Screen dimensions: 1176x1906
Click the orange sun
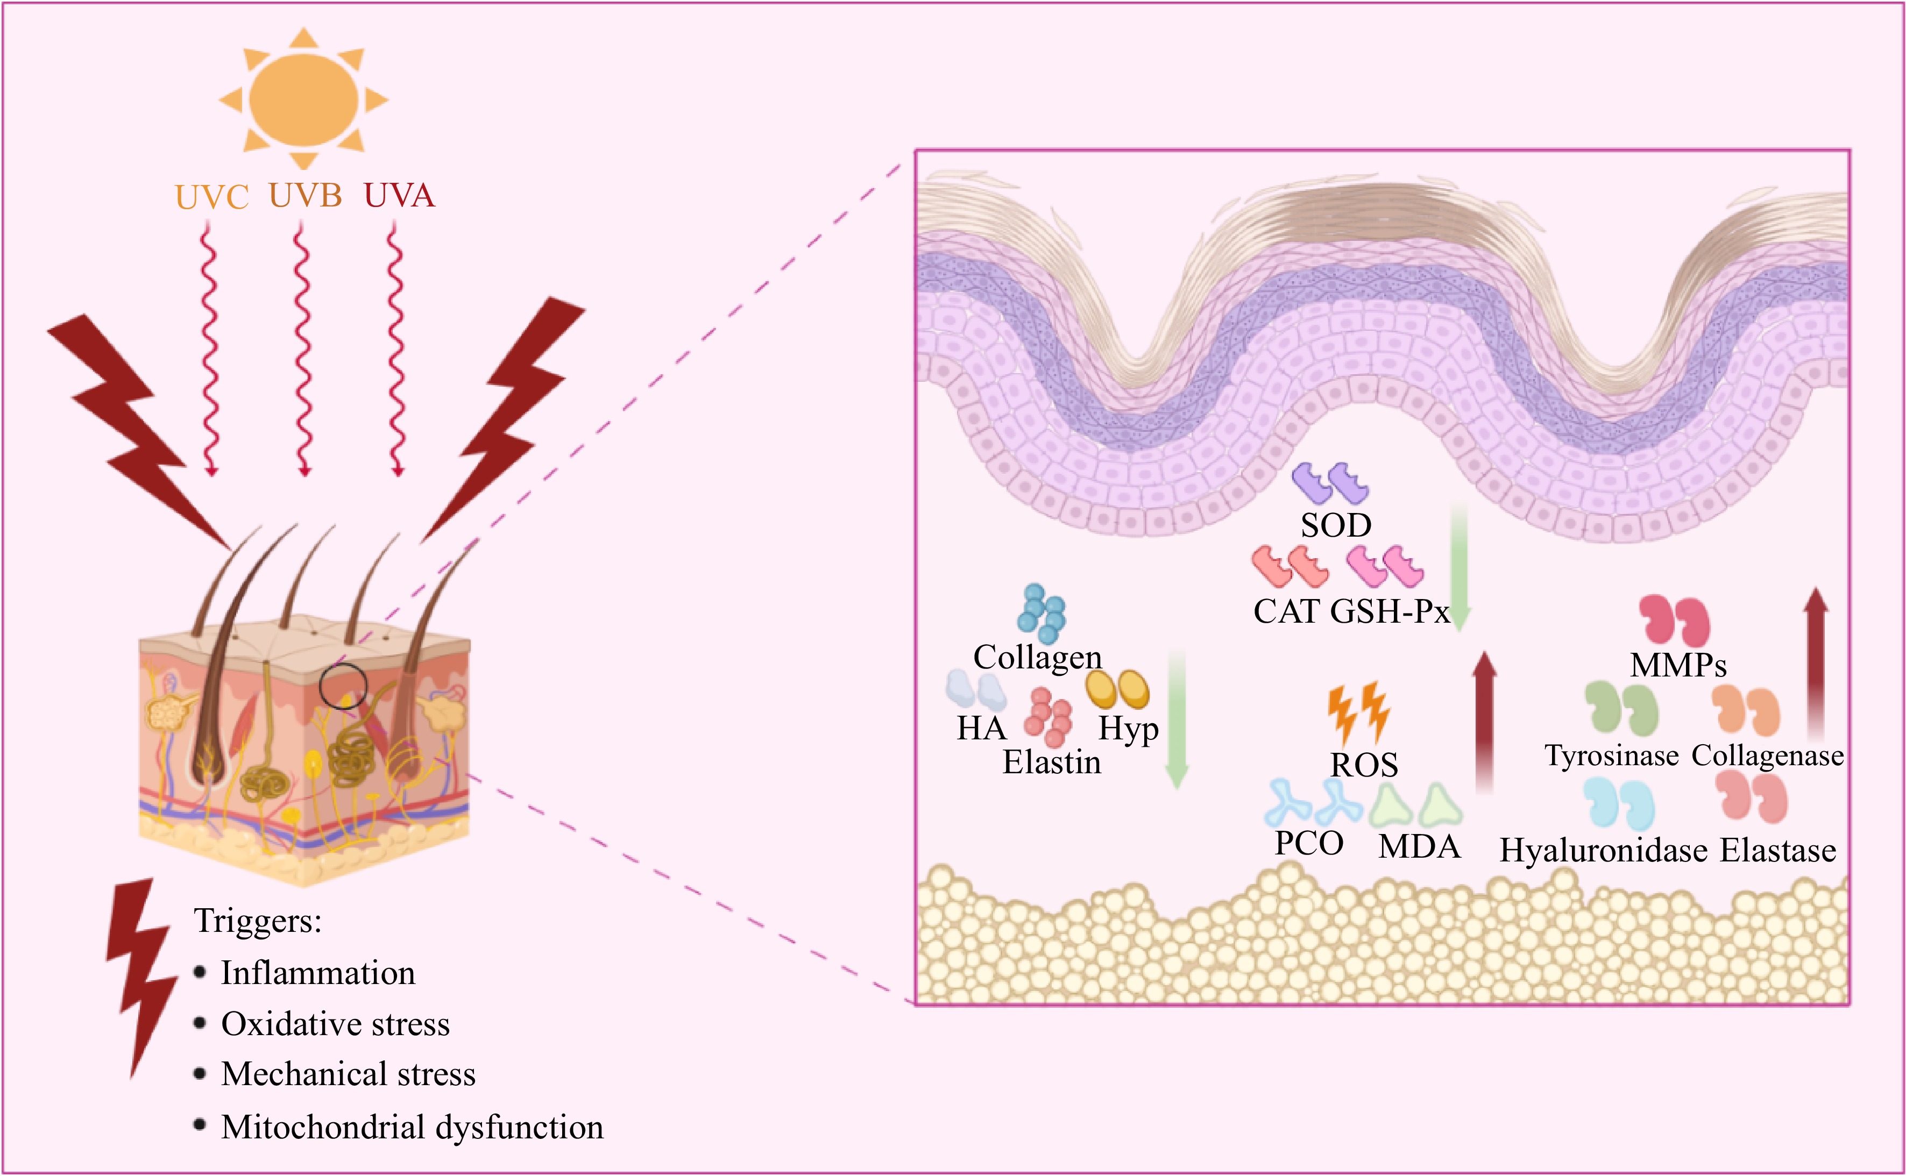303,99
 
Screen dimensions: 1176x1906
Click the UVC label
211,197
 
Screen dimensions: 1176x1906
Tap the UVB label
305,195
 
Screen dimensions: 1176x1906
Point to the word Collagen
1037,657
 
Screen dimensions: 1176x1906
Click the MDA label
1419,846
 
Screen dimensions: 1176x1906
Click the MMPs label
1678,665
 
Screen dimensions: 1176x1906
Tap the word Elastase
1777,850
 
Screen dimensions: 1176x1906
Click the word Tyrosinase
1611,755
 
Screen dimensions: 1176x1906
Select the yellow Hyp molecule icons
1117,689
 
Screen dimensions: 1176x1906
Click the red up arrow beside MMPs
1815,661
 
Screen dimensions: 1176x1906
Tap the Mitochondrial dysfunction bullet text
412,1127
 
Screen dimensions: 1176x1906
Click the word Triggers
258,921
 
